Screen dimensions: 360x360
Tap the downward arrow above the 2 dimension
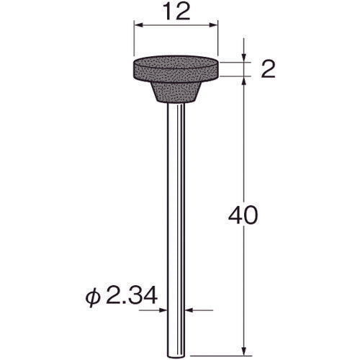246,57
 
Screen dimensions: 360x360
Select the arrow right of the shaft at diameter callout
190,311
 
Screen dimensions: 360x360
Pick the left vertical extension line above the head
133,40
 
